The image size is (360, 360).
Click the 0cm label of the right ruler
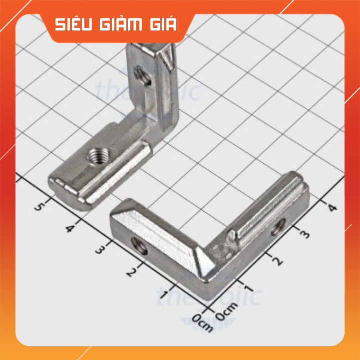227,313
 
